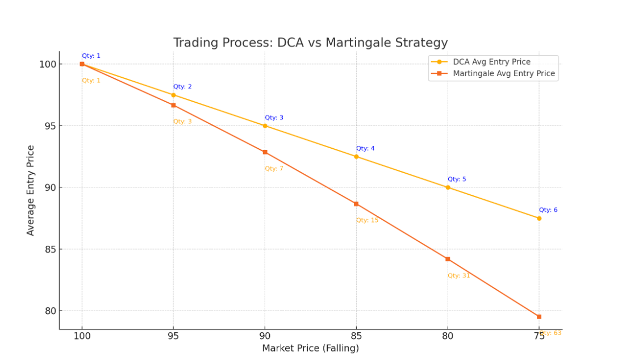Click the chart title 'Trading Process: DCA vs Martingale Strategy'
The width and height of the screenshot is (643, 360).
(x=310, y=43)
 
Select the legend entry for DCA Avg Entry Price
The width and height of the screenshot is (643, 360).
(x=491, y=62)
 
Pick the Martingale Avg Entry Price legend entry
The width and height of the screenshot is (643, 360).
(x=503, y=74)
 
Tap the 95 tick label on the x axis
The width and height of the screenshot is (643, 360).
(x=173, y=336)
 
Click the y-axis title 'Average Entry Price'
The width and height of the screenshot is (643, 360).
(x=31, y=190)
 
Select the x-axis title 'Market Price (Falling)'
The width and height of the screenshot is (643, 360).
(x=310, y=348)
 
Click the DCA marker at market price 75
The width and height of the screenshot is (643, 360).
(x=539, y=218)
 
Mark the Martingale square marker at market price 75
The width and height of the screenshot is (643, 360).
(x=539, y=316)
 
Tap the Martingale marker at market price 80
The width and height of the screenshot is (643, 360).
(x=448, y=259)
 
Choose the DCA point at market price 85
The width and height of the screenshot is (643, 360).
(x=356, y=157)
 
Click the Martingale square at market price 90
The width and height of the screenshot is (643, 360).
(x=265, y=152)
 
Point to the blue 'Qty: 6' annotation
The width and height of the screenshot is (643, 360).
(x=548, y=210)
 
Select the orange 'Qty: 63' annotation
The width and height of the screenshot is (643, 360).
(x=551, y=333)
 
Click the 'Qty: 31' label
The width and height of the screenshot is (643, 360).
(x=458, y=276)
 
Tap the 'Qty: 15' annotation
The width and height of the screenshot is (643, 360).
(x=367, y=220)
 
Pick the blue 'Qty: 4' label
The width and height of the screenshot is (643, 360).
(x=365, y=149)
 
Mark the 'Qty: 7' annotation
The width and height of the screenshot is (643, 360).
(x=274, y=169)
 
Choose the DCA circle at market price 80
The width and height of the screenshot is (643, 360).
(x=448, y=187)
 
